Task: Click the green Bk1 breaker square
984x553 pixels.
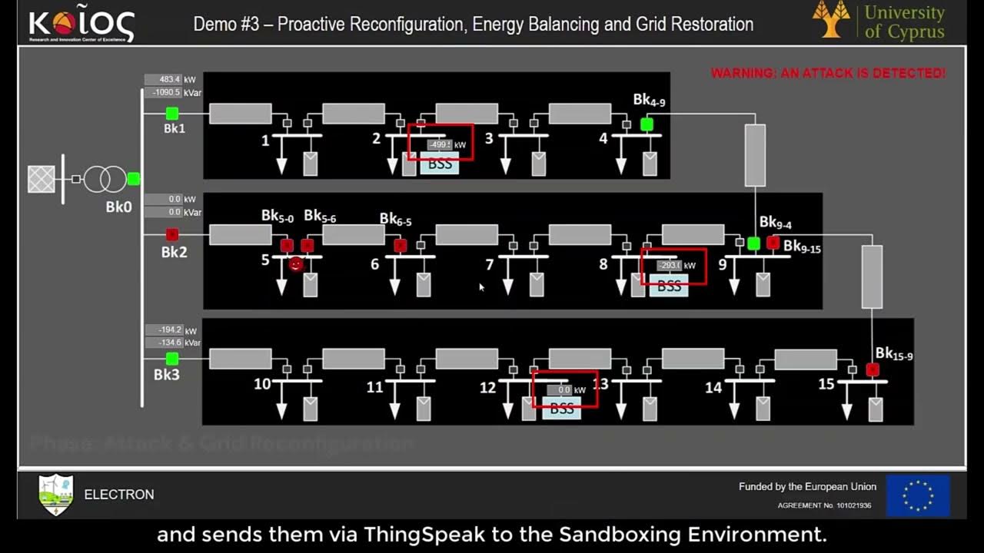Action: [172, 114]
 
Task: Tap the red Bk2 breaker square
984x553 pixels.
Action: [172, 234]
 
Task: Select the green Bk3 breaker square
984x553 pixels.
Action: [172, 359]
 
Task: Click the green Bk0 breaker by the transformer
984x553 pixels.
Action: [134, 179]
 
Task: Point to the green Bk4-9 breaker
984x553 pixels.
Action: [647, 124]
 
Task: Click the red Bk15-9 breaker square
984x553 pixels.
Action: [873, 370]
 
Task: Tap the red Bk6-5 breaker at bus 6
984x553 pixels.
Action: [400, 246]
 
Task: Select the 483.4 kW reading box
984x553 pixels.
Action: [163, 79]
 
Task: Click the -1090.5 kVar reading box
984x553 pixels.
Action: [163, 92]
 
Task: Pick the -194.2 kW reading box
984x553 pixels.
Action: [163, 329]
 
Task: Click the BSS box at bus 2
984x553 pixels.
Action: [440, 164]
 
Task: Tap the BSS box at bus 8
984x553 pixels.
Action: [669, 286]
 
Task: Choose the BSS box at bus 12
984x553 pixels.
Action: [562, 409]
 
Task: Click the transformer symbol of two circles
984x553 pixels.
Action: [105, 179]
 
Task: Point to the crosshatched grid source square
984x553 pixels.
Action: [42, 179]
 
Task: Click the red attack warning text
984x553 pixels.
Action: [828, 74]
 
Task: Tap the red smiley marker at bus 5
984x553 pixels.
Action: [295, 265]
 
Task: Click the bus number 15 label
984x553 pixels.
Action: [826, 384]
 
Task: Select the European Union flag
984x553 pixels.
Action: [918, 495]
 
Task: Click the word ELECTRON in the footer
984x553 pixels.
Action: [119, 495]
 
